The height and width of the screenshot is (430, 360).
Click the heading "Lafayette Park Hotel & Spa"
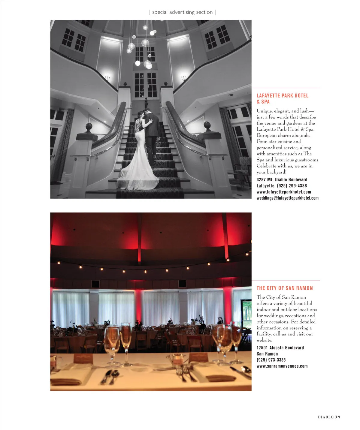point(282,98)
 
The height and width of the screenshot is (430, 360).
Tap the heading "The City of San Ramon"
point(284,288)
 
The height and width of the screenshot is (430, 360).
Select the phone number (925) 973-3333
point(271,360)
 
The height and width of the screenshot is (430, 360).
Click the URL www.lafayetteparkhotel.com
point(283,192)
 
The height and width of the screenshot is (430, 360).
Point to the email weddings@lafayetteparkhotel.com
point(287,198)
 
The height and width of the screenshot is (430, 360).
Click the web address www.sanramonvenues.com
point(282,366)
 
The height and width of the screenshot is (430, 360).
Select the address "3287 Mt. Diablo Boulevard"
point(282,179)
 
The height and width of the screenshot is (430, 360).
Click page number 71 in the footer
point(337,417)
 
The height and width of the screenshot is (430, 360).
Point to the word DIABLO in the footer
point(326,417)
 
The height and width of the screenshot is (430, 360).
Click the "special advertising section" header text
point(182,12)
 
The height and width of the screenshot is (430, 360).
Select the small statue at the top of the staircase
point(146,103)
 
